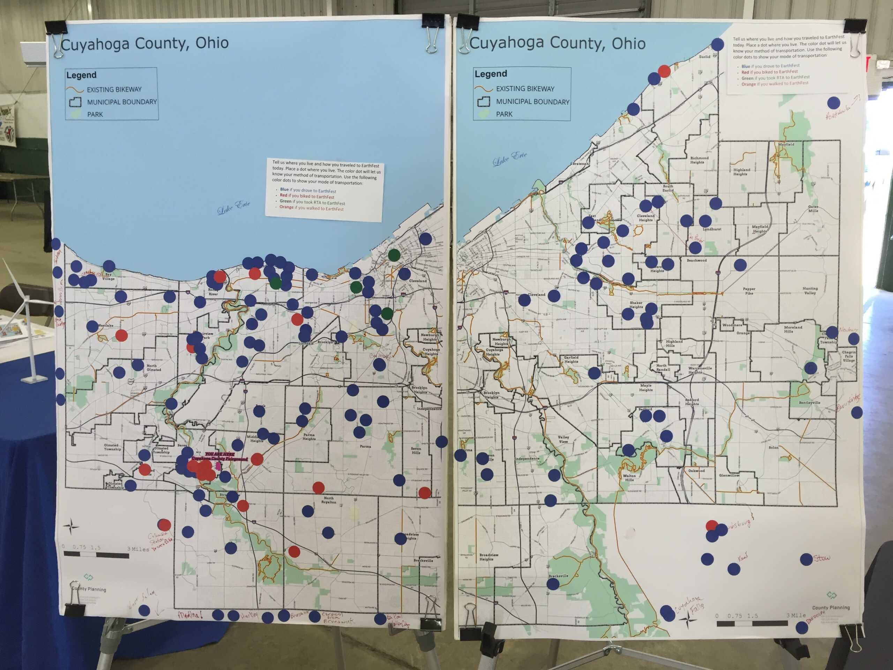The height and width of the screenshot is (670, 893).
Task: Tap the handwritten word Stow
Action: coord(822,558)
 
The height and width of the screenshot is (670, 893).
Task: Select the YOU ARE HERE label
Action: coord(219,454)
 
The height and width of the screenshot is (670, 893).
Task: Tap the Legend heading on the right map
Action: coord(490,74)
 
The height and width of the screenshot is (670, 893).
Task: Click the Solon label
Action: coord(773,447)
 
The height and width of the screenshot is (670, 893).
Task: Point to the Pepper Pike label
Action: coord(749,291)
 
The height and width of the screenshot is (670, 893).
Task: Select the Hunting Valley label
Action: coord(810,290)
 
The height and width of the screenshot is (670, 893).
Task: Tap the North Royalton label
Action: coord(329,500)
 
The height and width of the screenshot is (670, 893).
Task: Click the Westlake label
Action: coord(106,325)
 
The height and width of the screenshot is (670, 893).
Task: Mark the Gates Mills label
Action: coord(813,208)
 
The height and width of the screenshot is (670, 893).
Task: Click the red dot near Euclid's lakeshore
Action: coord(664,71)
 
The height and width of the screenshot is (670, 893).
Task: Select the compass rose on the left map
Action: coord(71,527)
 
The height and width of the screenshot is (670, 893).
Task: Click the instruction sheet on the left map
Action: coord(324,190)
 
